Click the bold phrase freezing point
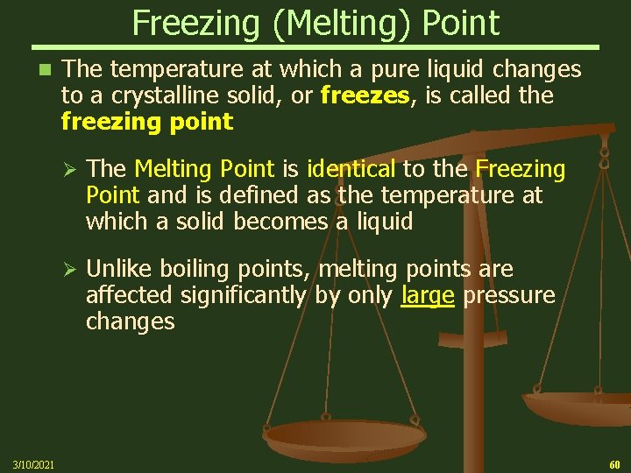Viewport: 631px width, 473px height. [146, 121]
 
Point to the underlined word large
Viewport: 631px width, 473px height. [427, 295]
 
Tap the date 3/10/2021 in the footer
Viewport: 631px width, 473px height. [33, 462]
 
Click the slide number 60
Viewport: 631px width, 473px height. [613, 462]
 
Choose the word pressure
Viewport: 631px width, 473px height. [509, 295]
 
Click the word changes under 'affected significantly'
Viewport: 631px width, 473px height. [130, 321]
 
